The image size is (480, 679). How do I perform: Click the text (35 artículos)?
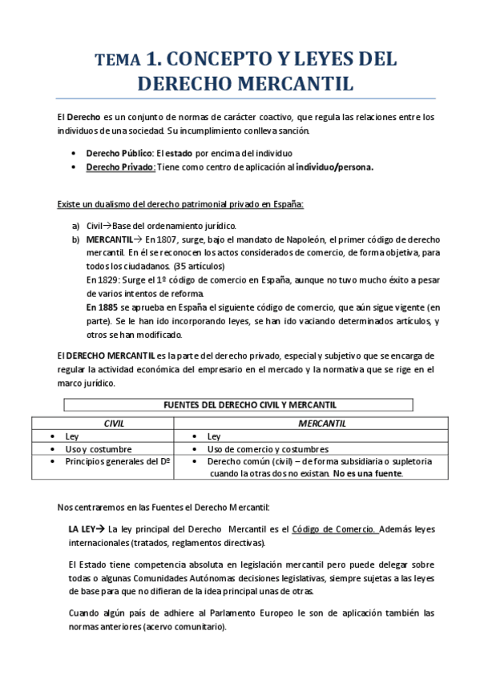tap(200, 265)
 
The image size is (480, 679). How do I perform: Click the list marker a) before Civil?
tap(76, 226)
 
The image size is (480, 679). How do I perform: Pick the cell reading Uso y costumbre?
tap(100, 449)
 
